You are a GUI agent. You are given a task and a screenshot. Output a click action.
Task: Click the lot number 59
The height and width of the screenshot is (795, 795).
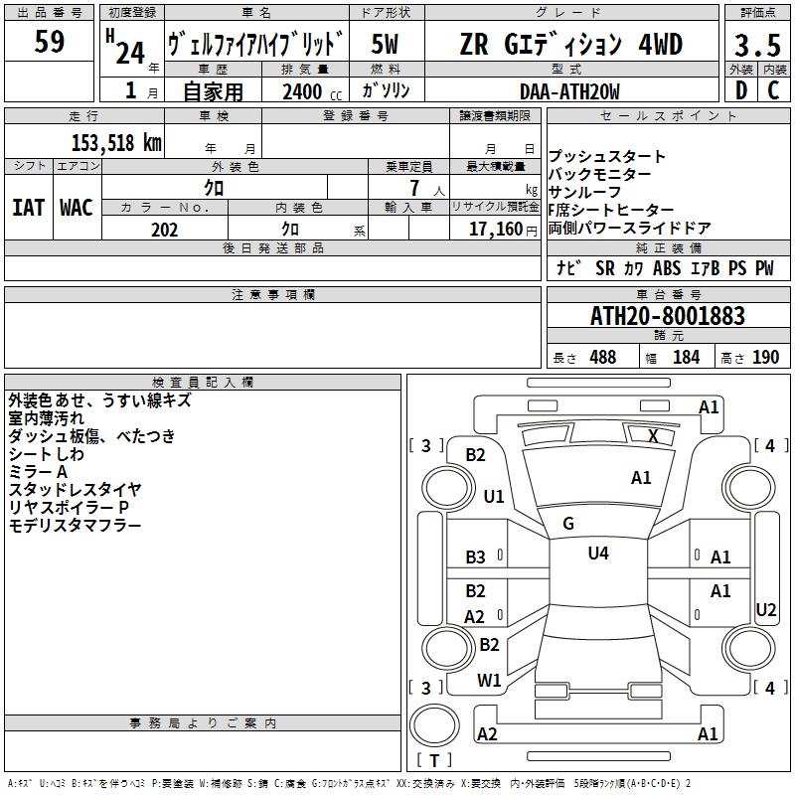click(50, 42)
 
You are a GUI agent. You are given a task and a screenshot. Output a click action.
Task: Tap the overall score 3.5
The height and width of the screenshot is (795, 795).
click(755, 45)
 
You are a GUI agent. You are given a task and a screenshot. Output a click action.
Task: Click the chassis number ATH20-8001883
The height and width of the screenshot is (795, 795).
click(668, 316)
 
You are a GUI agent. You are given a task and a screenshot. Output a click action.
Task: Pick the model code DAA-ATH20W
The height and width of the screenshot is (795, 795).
click(569, 91)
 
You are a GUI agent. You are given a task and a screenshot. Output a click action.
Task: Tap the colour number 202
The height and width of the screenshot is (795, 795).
click(164, 230)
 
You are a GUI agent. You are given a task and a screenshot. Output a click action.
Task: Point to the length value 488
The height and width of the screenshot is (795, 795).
click(602, 358)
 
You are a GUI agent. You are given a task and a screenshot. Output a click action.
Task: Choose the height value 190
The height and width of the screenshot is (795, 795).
click(765, 358)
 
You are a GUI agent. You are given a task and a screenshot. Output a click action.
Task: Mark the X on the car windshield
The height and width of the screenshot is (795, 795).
click(653, 435)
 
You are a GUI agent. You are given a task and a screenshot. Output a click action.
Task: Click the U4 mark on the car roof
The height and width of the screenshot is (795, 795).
click(598, 554)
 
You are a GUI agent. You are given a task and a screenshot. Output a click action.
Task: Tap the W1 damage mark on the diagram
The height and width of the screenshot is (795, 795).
click(489, 681)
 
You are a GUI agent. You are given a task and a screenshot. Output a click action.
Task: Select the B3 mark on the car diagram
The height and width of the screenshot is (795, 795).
click(476, 557)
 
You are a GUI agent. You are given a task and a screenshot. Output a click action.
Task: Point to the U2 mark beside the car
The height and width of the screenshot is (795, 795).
click(766, 610)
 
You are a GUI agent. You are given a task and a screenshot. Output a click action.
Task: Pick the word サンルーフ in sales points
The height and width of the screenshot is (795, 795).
click(584, 192)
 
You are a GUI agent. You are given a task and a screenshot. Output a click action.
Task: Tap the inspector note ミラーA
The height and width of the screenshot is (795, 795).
click(38, 471)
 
